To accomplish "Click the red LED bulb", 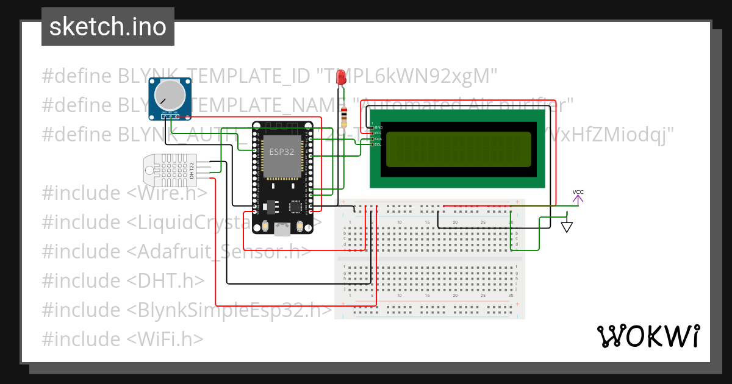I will [342, 77].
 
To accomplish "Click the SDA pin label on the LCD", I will [378, 138].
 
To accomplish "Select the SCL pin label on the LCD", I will [378, 144].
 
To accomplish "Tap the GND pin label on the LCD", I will [378, 127].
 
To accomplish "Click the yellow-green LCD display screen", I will [458, 149].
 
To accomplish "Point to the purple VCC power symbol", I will [578, 196].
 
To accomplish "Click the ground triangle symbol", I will [567, 227].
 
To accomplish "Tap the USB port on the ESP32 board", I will [282, 229].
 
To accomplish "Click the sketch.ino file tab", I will [108, 27].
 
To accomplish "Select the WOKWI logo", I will [648, 336].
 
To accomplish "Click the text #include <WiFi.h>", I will [123, 339].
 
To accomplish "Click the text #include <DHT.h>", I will [123, 280].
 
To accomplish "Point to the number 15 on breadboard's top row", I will [428, 222].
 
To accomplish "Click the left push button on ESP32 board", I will [265, 226].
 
